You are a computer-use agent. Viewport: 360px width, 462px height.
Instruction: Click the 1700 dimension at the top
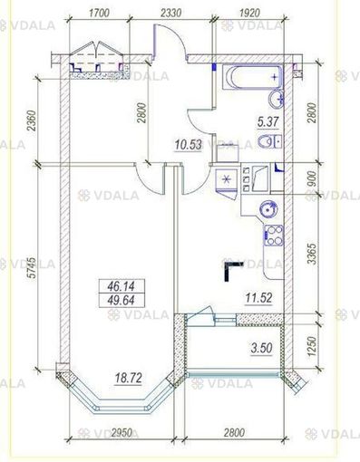click(x=100, y=14)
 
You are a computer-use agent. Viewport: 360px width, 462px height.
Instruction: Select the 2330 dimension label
click(x=171, y=14)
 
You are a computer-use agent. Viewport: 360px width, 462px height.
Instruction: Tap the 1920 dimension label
click(x=247, y=14)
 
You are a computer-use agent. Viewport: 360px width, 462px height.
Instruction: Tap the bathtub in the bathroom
click(x=243, y=78)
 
